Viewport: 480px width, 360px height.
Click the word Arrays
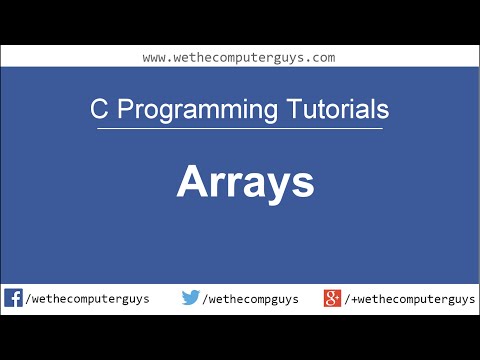pos(245,182)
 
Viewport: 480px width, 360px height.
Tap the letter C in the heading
pos(97,108)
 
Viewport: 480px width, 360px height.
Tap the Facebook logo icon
pos(14,298)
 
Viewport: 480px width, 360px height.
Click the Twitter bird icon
pos(191,298)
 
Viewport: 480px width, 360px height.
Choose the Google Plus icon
pos(333,298)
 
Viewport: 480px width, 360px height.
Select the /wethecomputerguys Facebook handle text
pos(88,299)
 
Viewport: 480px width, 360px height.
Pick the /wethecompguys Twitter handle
pos(250,299)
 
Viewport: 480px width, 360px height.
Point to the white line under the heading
pos(240,128)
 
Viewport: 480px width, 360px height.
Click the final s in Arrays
pos(303,184)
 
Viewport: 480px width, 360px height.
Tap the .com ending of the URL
pos(319,57)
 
